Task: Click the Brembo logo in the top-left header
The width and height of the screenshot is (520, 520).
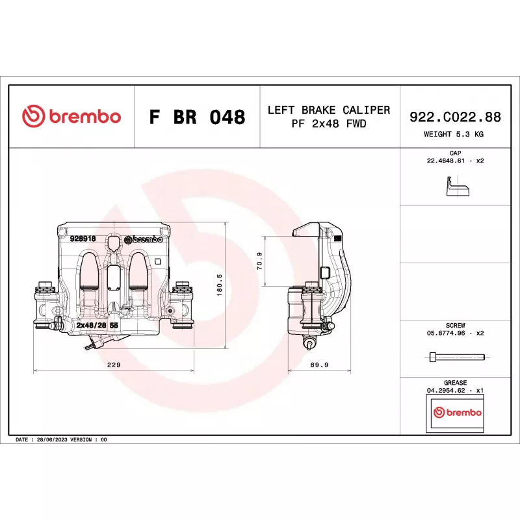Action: (71, 116)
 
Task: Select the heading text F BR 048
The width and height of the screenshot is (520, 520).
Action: (198, 117)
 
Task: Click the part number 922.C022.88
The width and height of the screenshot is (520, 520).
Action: (455, 117)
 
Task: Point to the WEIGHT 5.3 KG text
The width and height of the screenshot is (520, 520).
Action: (453, 135)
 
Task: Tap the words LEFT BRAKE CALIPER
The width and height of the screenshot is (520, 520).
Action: (329, 110)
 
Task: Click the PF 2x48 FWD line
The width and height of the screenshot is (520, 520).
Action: (329, 123)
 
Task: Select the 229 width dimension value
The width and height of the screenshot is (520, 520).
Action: (114, 365)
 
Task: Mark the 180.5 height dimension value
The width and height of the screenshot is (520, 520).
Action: (219, 285)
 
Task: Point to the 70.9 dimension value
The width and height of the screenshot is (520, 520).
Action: (259, 261)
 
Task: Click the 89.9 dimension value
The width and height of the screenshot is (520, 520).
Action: (319, 365)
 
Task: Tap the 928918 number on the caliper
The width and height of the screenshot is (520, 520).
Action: (83, 239)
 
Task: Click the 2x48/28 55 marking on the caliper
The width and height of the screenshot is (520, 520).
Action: (97, 325)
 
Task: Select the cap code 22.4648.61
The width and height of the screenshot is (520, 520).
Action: (445, 161)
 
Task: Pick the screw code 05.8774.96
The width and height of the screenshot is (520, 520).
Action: (446, 333)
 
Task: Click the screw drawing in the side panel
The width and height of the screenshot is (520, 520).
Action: (457, 357)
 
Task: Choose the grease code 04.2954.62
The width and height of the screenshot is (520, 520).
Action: (446, 391)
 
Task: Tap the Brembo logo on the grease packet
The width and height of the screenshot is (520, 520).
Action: (458, 412)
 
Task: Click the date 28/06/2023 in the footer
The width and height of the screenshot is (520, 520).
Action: (52, 440)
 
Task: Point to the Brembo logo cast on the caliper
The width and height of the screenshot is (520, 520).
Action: (143, 239)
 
